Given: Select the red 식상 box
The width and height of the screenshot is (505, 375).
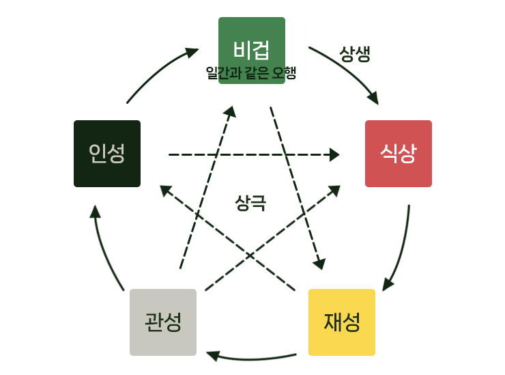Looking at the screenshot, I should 398,153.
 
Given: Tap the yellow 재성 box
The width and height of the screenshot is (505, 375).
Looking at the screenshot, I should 341,322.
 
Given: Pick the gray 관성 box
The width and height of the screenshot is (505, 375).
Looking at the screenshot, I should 163,322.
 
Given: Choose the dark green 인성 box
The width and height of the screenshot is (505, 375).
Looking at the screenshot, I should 106,153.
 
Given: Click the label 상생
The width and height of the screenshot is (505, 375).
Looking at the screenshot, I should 355,55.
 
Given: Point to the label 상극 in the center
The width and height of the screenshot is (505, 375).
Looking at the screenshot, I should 250,203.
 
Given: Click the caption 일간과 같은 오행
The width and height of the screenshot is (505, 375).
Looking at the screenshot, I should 251,72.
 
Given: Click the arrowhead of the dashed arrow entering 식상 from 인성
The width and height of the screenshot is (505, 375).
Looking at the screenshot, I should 334,155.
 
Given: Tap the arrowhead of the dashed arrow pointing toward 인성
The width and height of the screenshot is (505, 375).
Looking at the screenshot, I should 164,189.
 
